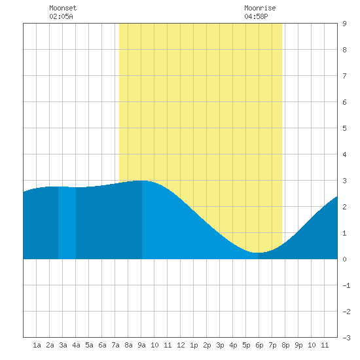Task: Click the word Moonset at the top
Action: click(x=63, y=8)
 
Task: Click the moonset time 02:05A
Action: click(x=61, y=16)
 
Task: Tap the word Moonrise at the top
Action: click(x=260, y=8)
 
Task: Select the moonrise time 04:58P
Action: click(x=256, y=16)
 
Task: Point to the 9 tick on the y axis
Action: click(x=344, y=24)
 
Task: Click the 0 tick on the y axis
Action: click(x=344, y=259)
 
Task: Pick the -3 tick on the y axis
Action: click(x=346, y=338)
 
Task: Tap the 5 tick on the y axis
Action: click(x=344, y=128)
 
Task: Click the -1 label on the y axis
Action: click(x=346, y=285)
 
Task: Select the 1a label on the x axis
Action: click(x=37, y=345)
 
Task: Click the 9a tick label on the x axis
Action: click(x=141, y=345)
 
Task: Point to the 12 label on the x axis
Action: click(x=181, y=345)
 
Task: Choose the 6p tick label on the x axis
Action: click(x=259, y=345)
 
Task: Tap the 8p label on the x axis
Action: click(x=285, y=345)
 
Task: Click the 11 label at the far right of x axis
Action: click(x=325, y=345)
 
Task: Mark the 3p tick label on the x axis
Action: click(x=220, y=345)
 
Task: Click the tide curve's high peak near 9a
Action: click(x=142, y=181)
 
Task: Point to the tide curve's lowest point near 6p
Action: click(x=258, y=253)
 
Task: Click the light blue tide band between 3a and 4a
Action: click(x=67, y=223)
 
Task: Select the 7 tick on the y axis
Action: click(x=344, y=76)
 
